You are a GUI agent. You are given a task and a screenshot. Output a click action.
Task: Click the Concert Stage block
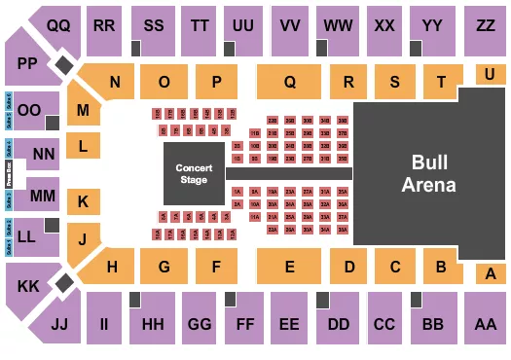tap(194, 172)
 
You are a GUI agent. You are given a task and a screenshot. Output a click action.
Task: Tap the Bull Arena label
tap(430, 173)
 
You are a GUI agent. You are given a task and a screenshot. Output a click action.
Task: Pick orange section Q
tap(289, 83)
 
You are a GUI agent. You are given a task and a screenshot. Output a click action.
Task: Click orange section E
tap(289, 266)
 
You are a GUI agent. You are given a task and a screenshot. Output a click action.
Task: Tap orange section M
tap(84, 111)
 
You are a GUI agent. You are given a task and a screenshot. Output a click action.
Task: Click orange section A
tap(486, 275)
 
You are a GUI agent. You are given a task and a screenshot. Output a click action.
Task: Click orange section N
tap(114, 83)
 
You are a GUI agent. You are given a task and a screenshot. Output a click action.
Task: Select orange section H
tap(114, 266)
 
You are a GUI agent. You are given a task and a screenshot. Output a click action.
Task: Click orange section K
tap(84, 201)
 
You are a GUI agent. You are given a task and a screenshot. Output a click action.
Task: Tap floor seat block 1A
tap(237, 192)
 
